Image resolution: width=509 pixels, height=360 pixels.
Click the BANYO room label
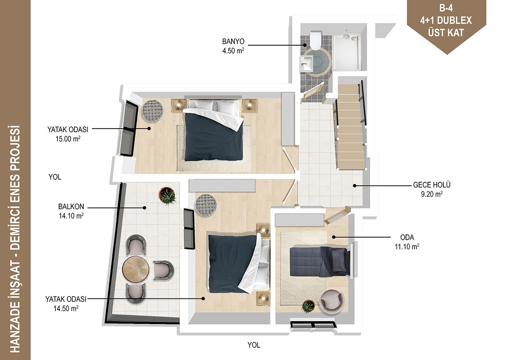[x=233, y=41]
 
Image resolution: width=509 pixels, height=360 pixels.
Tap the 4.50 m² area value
[x=233, y=50]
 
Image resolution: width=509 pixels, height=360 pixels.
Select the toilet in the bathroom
[x=315, y=41]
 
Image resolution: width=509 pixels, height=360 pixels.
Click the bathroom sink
[x=307, y=64]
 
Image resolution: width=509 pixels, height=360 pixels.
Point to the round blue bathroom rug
[x=317, y=61]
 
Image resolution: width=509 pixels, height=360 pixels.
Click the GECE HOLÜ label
[x=432, y=185]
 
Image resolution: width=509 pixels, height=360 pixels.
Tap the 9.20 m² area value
[x=432, y=194]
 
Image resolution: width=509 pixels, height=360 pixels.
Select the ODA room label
[x=407, y=238]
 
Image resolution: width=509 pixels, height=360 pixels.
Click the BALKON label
[x=71, y=206]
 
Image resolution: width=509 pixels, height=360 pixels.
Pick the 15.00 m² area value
[x=68, y=139]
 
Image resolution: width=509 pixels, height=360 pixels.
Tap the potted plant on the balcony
[x=167, y=197]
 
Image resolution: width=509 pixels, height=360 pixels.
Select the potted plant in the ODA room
[x=308, y=306]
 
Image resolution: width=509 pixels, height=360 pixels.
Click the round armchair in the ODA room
[x=332, y=302]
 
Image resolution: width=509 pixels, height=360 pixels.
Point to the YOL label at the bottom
[x=254, y=345]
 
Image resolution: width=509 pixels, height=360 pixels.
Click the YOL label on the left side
[x=55, y=177]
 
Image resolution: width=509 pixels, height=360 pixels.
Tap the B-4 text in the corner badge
[x=446, y=8]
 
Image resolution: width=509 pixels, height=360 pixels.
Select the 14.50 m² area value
[x=66, y=309]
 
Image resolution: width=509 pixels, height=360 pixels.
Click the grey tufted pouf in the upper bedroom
[x=152, y=111]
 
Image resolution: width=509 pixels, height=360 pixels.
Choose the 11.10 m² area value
[x=407, y=247]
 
